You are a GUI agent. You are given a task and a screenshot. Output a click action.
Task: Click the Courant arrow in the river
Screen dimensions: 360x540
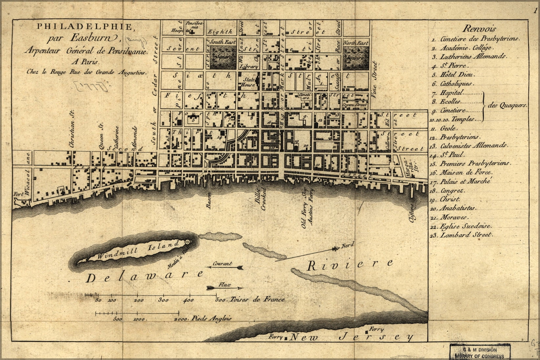click(x=225, y=267)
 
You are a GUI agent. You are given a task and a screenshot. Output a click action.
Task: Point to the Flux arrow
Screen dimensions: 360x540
click(x=225, y=288)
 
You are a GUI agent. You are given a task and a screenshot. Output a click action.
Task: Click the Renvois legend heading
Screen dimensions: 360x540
click(x=480, y=29)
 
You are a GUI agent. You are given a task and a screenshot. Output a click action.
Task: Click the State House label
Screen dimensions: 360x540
click(x=248, y=82)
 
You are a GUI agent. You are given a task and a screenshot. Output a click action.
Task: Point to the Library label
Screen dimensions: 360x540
click(x=249, y=67)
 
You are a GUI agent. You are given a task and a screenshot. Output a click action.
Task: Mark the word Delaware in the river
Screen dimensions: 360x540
click(x=144, y=277)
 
